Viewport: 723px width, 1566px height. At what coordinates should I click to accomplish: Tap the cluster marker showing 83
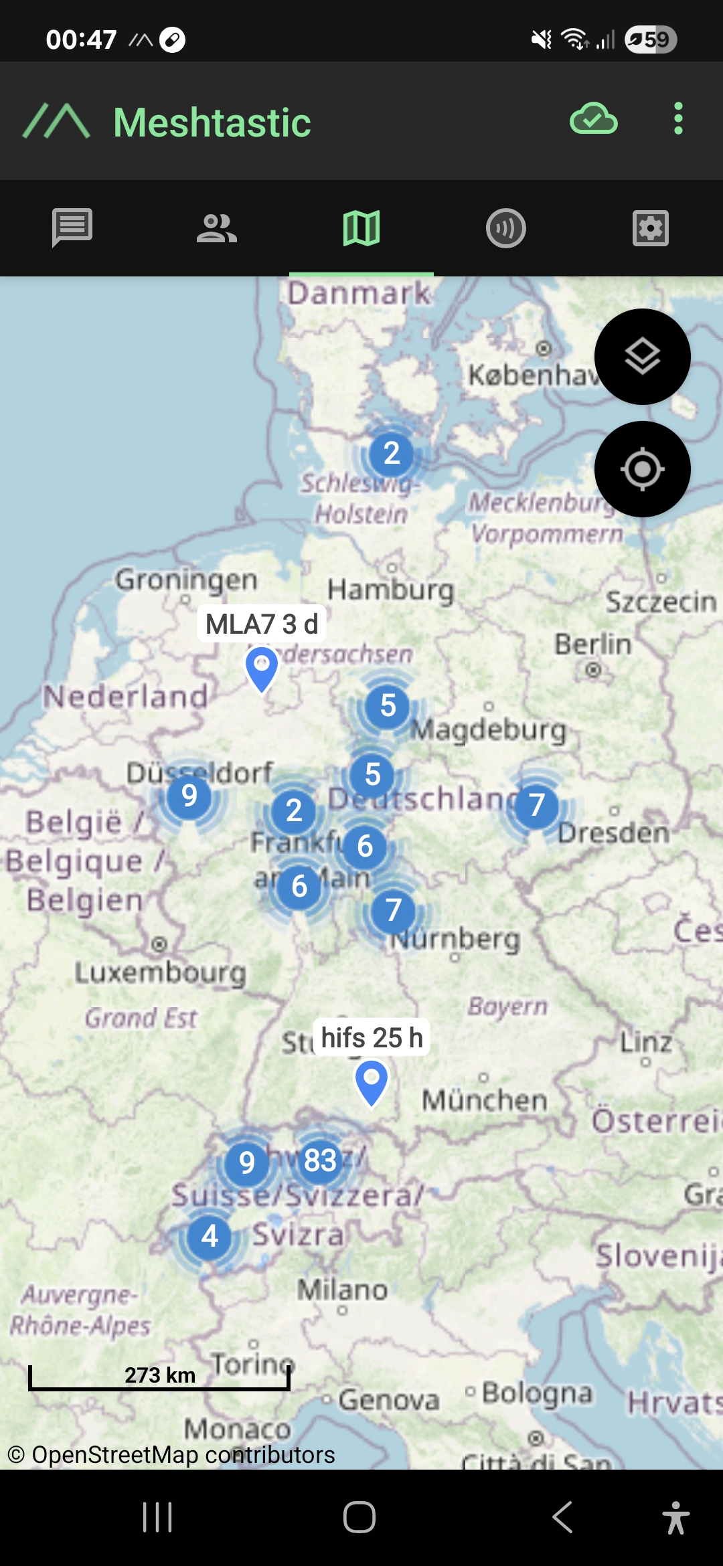[320, 1160]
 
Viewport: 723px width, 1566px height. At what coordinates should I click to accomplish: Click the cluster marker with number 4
[210, 1236]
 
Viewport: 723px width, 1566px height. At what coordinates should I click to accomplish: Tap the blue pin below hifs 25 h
[371, 1081]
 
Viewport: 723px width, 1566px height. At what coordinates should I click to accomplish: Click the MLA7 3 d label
[261, 624]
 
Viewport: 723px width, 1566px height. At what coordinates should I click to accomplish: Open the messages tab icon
[72, 228]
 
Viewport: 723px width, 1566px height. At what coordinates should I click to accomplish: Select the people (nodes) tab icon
[217, 228]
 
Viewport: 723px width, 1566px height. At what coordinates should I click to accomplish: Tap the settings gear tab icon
[651, 228]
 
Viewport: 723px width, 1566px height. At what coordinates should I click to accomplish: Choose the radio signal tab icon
[506, 228]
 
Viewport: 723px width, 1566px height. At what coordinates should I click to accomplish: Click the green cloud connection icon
[593, 120]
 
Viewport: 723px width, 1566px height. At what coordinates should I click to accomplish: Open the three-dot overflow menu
[678, 119]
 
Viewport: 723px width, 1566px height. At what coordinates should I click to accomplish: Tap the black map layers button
[642, 357]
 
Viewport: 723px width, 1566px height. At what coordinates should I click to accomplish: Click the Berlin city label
[593, 644]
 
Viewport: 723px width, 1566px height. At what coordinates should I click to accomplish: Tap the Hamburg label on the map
[391, 590]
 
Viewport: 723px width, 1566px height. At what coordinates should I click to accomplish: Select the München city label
[485, 1100]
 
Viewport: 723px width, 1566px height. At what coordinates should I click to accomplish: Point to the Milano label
[342, 1289]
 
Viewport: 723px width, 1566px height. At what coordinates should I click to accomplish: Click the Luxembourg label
[161, 972]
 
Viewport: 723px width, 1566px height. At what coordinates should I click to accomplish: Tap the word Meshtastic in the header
[212, 122]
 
